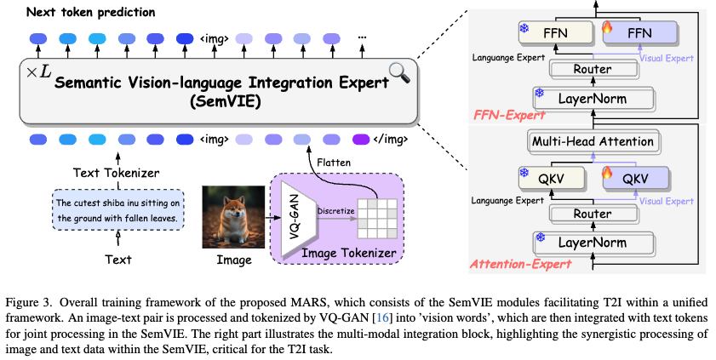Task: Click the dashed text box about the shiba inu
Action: pos(118,210)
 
